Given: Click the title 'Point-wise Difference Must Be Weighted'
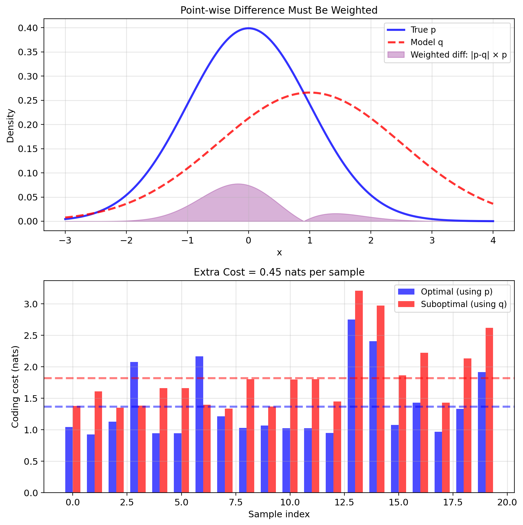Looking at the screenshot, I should [x=279, y=10].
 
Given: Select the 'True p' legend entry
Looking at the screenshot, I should [x=423, y=30].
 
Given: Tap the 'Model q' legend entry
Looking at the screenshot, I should [x=427, y=42].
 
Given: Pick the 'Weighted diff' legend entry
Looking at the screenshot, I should [x=458, y=55].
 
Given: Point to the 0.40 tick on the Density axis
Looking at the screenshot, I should [x=28, y=28].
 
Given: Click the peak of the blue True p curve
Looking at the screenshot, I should [x=249, y=28].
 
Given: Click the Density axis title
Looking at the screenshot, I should [x=10, y=126].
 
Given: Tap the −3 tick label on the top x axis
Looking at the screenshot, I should [x=65, y=241].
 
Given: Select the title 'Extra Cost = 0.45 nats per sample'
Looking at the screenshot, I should [x=279, y=272].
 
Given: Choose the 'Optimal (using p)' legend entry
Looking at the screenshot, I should [x=457, y=292].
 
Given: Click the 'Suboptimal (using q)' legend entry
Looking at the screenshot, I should [x=464, y=304].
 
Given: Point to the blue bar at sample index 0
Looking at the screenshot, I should [x=69, y=460].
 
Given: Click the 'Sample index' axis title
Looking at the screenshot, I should [x=279, y=515].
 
